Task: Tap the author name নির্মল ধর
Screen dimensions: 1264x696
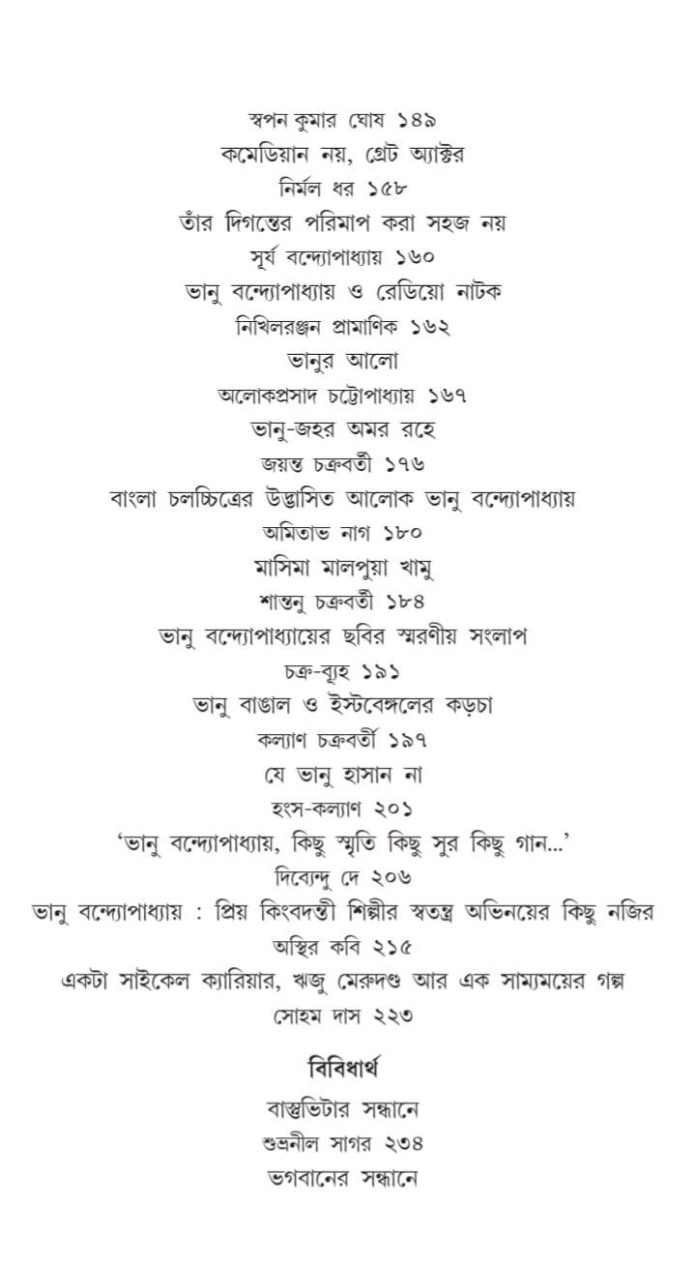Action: (x=317, y=190)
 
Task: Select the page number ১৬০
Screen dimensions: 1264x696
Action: (x=414, y=257)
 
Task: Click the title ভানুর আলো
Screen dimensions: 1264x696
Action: (x=344, y=362)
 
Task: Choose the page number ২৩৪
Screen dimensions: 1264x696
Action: (x=404, y=1143)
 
